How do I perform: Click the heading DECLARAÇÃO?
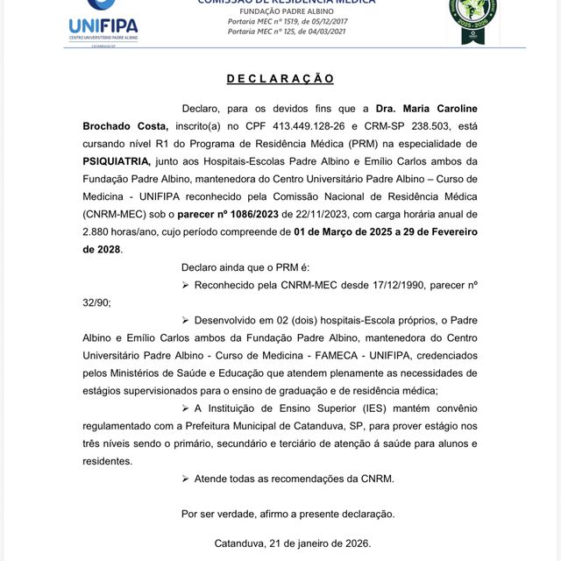click(x=280, y=79)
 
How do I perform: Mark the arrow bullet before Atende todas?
click(x=185, y=479)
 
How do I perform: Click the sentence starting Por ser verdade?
click(x=288, y=514)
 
